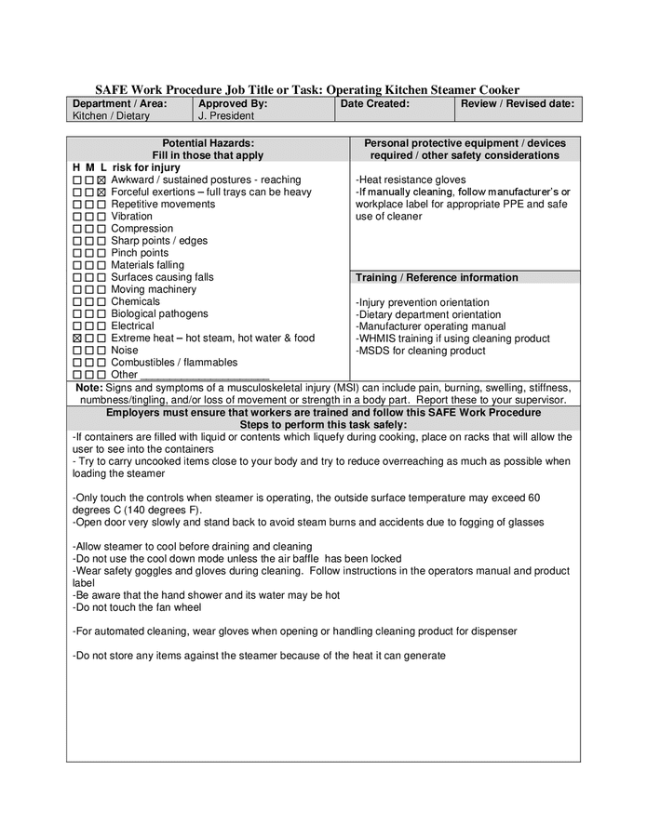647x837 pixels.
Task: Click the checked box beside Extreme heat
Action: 77,339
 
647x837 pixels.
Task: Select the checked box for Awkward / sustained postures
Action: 101,179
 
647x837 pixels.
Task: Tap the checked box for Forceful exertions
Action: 101,192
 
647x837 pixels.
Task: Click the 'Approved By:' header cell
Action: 233,104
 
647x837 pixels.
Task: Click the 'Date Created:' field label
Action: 375,104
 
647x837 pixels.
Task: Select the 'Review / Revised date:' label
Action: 518,104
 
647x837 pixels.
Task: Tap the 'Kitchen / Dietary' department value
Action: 111,116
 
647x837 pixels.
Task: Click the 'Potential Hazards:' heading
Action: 208,143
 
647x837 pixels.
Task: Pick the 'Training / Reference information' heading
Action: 437,277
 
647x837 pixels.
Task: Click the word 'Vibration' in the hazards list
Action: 131,216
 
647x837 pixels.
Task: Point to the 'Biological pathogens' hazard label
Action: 159,313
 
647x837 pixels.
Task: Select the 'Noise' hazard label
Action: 125,351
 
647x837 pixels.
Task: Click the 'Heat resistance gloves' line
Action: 411,179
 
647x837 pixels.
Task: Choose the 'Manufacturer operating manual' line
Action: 431,326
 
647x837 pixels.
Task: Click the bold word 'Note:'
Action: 89,387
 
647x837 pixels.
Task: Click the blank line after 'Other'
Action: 205,376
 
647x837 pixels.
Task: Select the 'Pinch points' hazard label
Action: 140,253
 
